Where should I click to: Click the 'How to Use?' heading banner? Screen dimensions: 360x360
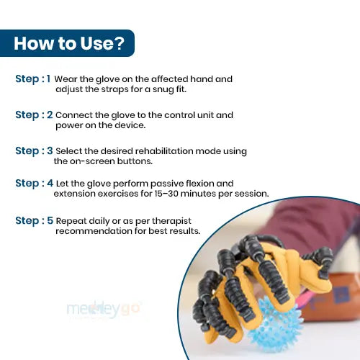coord(67,43)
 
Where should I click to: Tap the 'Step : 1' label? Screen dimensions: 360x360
coord(33,79)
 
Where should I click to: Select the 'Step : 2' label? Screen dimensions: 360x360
coord(34,115)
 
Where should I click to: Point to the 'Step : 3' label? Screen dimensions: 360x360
coord(34,151)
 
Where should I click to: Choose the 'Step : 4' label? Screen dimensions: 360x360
coord(34,184)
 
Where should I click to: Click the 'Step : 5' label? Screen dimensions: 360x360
coord(34,221)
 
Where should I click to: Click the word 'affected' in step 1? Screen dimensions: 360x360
coord(170,79)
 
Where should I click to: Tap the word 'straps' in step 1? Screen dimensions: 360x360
coord(114,89)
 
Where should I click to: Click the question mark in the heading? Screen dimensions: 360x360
coord(119,43)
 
